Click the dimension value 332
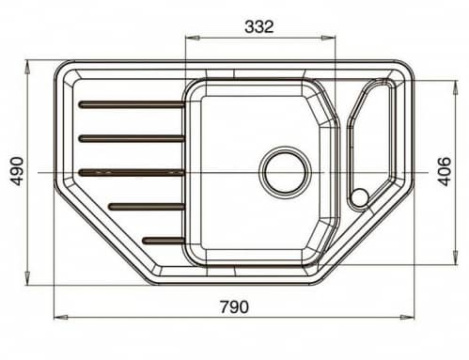click(x=258, y=26)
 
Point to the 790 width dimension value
click(x=232, y=305)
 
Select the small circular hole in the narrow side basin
click(x=359, y=197)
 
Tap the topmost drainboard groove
click(x=131, y=104)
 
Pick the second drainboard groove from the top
click(x=131, y=138)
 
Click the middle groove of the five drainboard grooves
click(x=131, y=172)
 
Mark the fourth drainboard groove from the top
click(x=146, y=206)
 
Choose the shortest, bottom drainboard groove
click(x=163, y=240)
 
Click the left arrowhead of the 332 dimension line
click(x=190, y=39)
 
